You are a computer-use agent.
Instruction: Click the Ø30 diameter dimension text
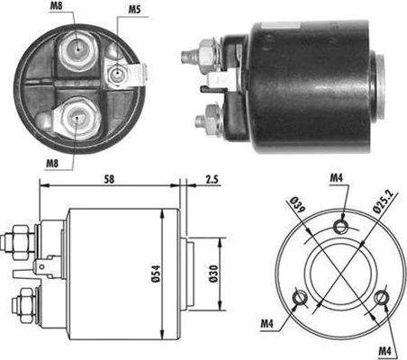pyautogui.click(x=213, y=273)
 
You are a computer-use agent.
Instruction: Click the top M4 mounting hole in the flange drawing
pyautogui.click(x=339, y=225)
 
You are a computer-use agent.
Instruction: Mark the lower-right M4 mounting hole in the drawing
pyautogui.click(x=381, y=295)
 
